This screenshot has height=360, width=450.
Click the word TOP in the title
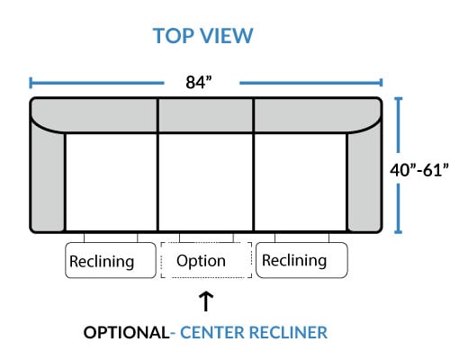pyautogui.click(x=174, y=36)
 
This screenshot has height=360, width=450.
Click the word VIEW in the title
pyautogui.click(x=227, y=36)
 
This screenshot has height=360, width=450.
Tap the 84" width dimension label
pyautogui.click(x=199, y=82)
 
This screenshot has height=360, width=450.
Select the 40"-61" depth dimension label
pyautogui.click(x=419, y=170)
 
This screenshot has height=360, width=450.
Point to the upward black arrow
pyautogui.click(x=206, y=301)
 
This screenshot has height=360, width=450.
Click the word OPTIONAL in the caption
pyautogui.click(x=126, y=332)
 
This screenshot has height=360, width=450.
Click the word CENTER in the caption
pyautogui.click(x=212, y=332)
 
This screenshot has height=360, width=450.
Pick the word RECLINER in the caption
pyautogui.click(x=288, y=332)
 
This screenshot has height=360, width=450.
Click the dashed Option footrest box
pyautogui.click(x=206, y=260)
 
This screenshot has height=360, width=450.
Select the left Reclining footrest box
pyautogui.click(x=111, y=260)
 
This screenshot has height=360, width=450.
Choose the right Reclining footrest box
pyautogui.click(x=301, y=260)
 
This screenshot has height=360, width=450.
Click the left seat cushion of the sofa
pyautogui.click(x=111, y=182)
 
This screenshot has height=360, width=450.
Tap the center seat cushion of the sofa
pyautogui.click(x=205, y=182)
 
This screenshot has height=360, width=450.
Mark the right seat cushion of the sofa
pyautogui.click(x=300, y=182)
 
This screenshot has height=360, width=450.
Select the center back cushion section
pyautogui.click(x=205, y=115)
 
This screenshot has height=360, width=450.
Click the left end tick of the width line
pyautogui.click(x=31, y=83)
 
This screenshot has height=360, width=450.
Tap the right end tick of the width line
pyautogui.click(x=381, y=83)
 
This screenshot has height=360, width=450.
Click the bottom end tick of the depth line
pyautogui.click(x=398, y=232)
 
